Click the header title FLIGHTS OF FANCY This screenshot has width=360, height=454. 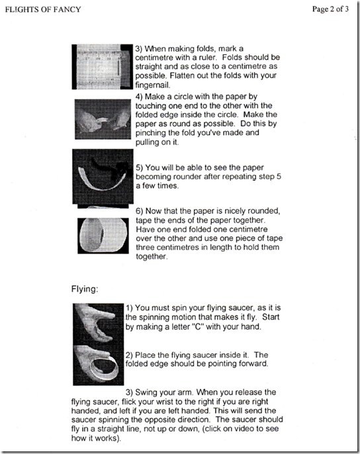coord(43,9)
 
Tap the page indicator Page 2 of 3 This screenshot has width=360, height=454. coord(330,9)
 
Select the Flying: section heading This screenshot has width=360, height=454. coord(85,289)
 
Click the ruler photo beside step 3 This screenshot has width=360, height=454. coord(102,67)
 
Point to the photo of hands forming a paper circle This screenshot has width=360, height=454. coord(103,119)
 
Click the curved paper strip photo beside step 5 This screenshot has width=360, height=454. coord(103,176)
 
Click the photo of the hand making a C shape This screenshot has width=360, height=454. coord(99,324)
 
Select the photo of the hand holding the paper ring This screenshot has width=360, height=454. coord(99,365)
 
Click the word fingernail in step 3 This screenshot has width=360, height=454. coord(152,85)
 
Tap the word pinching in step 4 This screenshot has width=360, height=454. coord(151,133)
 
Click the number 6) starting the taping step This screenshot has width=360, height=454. coord(140,211)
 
